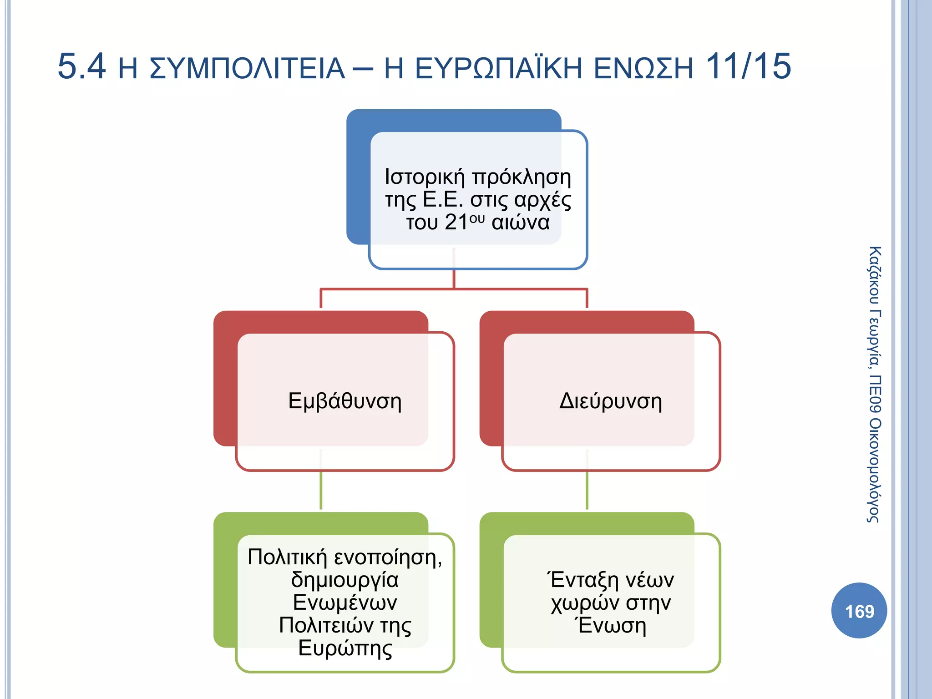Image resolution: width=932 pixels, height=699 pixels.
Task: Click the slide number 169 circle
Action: tap(859, 610)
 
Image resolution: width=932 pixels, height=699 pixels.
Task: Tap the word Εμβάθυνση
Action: tap(345, 401)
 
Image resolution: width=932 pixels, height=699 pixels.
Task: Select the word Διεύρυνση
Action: tap(610, 401)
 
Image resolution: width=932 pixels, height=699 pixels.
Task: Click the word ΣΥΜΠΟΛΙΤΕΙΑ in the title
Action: tap(247, 69)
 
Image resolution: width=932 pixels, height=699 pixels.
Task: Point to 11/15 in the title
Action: tap(748, 66)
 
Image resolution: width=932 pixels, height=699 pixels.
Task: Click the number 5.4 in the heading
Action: tap(81, 66)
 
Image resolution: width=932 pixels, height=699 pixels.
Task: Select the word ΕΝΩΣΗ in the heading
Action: tap(643, 69)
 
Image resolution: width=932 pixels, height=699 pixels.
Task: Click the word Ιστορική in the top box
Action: tap(425, 177)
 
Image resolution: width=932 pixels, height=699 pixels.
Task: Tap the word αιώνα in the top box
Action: tap(521, 223)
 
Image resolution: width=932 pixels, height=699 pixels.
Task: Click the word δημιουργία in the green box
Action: tap(344, 580)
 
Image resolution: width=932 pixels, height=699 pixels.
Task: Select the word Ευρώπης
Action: tap(345, 648)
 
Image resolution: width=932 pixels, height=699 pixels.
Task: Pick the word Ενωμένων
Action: tap(345, 603)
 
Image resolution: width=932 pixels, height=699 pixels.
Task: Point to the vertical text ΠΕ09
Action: tap(874, 394)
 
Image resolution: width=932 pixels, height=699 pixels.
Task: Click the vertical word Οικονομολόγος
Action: tap(874, 471)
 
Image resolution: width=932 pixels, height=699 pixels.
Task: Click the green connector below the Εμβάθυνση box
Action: tap(321, 491)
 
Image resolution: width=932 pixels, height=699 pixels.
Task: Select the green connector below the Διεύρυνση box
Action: tap(587, 491)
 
